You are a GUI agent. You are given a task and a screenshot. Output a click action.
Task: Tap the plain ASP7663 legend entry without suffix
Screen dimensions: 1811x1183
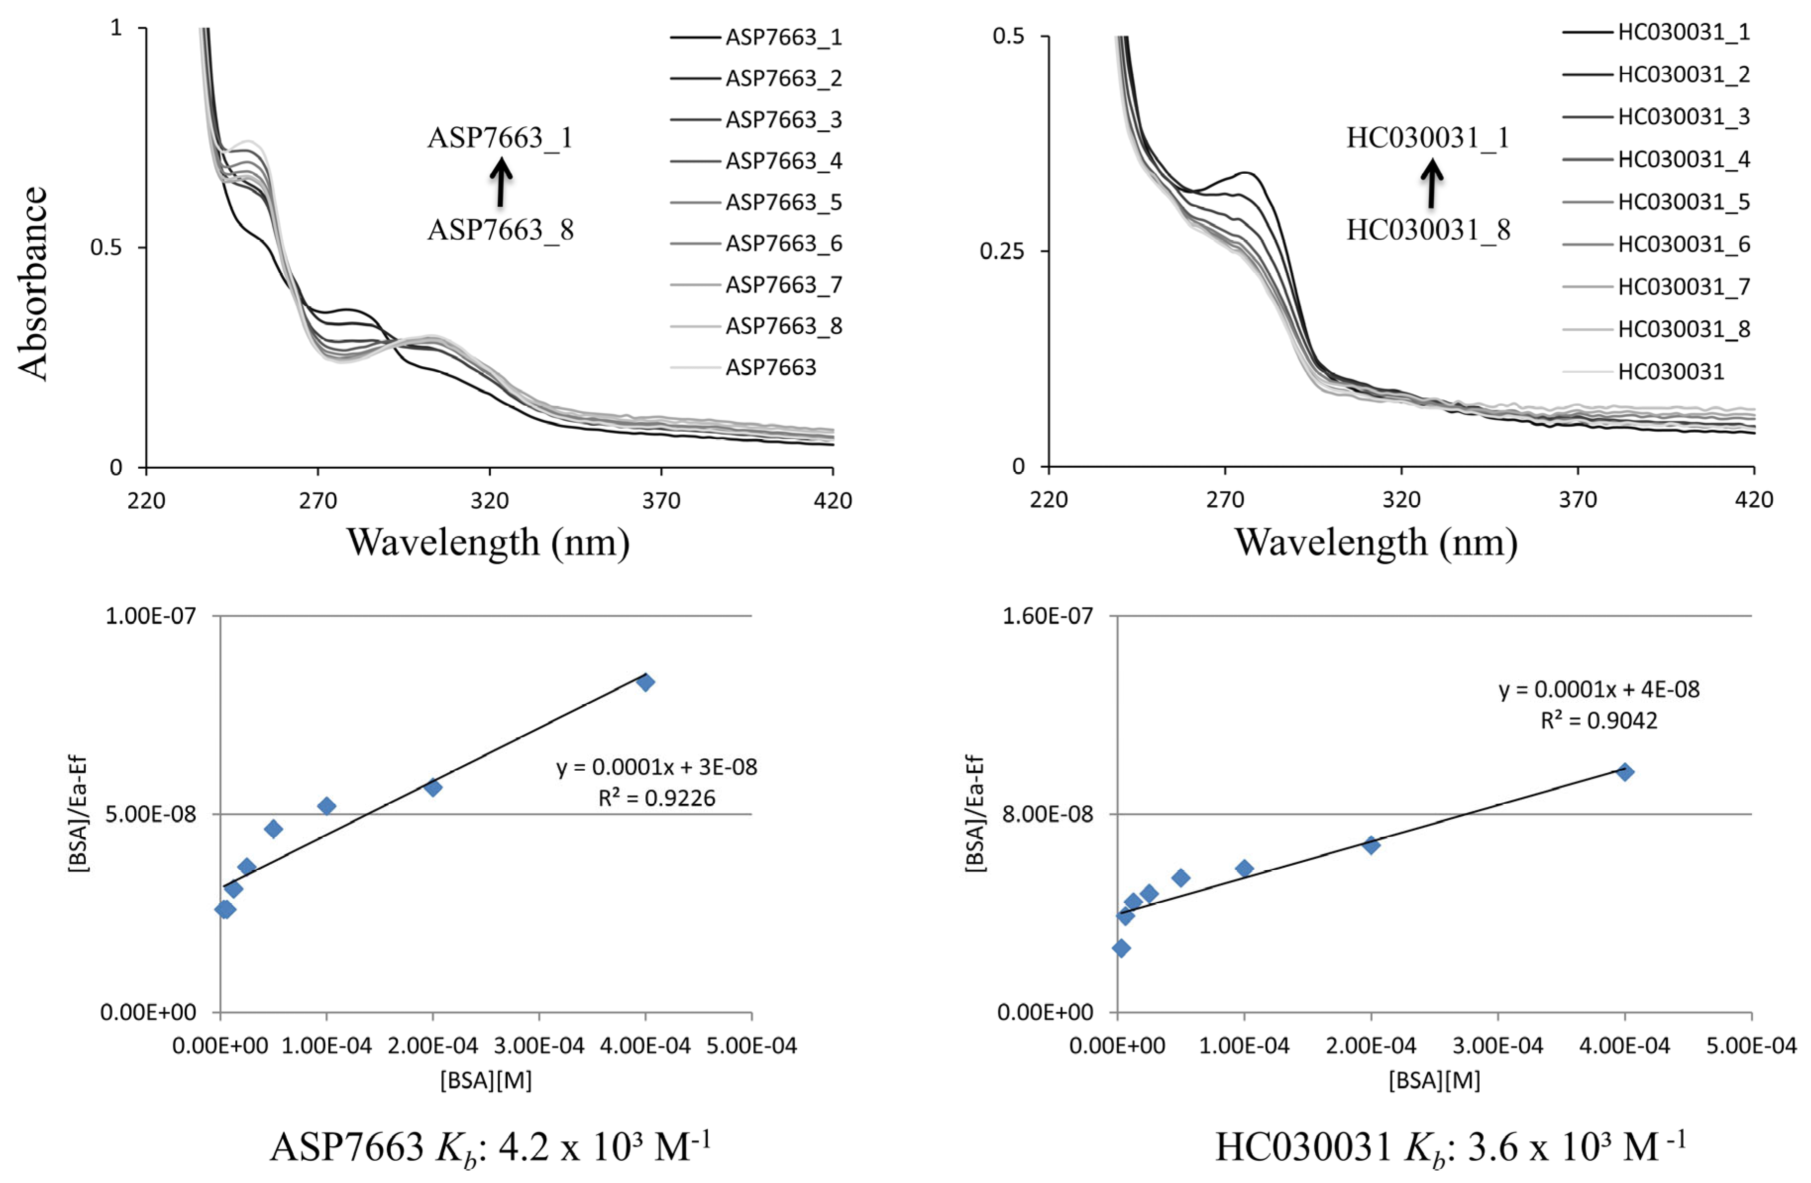pos(743,367)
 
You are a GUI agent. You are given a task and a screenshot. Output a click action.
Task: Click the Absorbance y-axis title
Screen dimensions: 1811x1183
pos(33,283)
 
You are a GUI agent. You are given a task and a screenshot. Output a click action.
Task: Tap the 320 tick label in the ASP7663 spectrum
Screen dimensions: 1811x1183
pos(489,500)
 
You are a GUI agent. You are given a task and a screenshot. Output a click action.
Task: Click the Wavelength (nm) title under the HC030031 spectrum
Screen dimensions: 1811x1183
pos(1376,542)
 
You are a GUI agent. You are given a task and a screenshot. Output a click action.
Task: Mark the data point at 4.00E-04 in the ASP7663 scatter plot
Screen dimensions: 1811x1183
pos(645,682)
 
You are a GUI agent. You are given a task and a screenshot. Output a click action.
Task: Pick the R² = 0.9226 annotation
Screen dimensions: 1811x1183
pos(657,797)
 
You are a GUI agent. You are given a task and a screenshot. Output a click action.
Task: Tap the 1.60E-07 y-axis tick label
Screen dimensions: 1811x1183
pos(1048,615)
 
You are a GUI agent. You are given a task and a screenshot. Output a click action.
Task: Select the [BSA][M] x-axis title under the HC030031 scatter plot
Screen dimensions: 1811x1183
pos(1434,1081)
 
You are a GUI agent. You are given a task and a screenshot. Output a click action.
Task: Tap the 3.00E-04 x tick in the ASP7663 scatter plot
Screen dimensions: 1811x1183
pos(539,1045)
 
